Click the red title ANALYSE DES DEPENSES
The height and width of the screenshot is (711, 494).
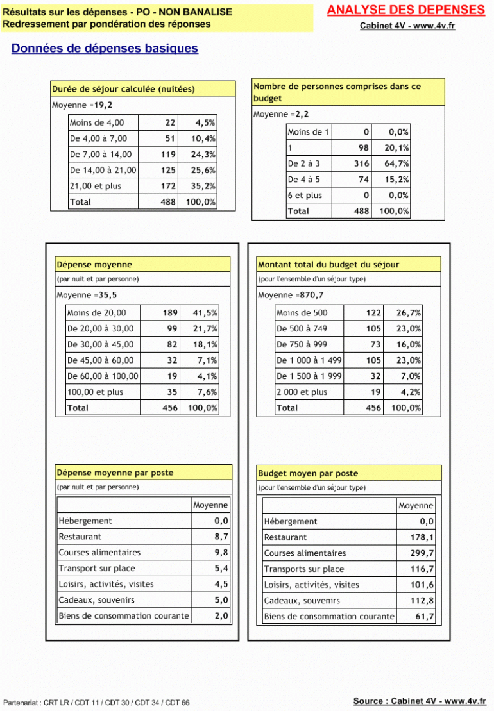click(x=405, y=10)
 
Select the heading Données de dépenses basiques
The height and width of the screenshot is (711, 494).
click(x=105, y=49)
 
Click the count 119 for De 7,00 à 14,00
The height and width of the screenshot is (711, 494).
click(x=167, y=154)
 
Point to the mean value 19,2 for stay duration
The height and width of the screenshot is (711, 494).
click(x=103, y=105)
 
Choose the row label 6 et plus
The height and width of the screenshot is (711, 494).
click(x=305, y=196)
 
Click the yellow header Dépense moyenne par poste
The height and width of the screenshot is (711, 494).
click(x=115, y=473)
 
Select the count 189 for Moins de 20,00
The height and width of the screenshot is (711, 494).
click(x=169, y=313)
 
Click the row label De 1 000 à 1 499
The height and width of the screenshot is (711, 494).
click(x=309, y=360)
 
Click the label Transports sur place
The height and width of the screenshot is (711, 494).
click(x=303, y=569)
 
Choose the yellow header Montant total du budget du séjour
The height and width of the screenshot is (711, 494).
click(x=328, y=264)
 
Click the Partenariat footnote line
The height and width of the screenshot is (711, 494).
click(x=96, y=703)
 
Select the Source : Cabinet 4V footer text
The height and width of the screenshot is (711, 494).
click(x=419, y=701)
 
